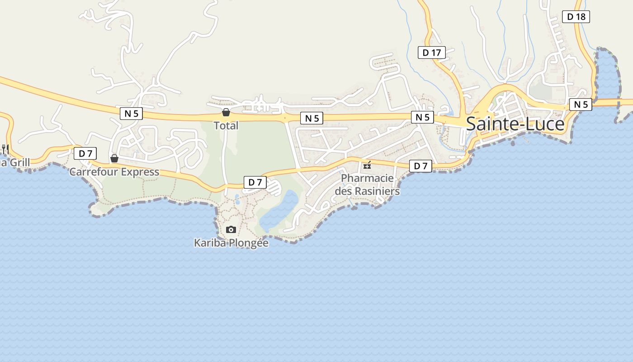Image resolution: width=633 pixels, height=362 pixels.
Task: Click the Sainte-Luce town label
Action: (x=515, y=124)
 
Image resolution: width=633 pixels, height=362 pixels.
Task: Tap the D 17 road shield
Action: (x=431, y=52)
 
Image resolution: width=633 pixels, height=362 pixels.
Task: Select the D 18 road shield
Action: (x=576, y=17)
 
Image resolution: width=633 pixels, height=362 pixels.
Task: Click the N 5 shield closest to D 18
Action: (x=581, y=105)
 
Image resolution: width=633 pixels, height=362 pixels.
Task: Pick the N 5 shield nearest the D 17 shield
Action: (x=422, y=117)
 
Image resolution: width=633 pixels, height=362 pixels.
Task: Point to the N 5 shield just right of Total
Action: (x=312, y=119)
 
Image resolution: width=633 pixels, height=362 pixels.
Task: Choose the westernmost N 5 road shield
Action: (x=131, y=114)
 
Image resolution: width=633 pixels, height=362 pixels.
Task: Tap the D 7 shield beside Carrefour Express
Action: (x=85, y=153)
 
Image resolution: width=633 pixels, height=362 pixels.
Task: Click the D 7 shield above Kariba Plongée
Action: (x=255, y=182)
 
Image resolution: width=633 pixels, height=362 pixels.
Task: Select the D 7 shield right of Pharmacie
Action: (x=420, y=166)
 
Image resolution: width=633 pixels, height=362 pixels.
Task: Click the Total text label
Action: (x=226, y=125)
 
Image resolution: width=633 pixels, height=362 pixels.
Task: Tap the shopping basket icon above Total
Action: (x=226, y=112)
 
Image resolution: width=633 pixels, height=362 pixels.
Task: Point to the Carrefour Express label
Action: (x=114, y=172)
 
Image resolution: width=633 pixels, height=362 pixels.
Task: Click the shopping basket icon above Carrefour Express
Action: (x=114, y=158)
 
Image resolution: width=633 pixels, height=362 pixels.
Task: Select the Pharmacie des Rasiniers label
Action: (x=367, y=185)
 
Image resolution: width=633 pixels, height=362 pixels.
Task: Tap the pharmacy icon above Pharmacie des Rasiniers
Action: (x=367, y=165)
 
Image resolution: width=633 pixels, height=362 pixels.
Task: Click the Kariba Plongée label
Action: (x=231, y=243)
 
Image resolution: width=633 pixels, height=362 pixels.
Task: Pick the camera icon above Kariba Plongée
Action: (x=231, y=230)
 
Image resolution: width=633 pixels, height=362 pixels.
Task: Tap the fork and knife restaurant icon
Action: (x=5, y=148)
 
